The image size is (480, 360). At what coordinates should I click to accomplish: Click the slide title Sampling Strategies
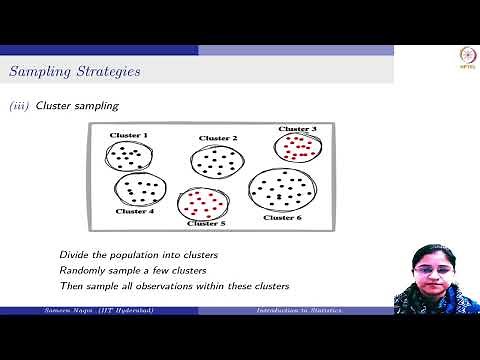coord(74,71)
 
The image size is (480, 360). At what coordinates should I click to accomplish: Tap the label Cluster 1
coord(131,135)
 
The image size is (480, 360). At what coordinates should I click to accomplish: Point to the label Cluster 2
coord(218,138)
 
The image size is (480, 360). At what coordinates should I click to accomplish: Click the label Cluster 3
coord(297,129)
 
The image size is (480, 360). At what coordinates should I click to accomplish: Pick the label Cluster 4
coord(135,211)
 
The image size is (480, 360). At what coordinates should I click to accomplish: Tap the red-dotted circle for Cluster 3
coord(298,148)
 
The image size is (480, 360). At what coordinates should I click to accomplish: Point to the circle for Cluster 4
coord(139,189)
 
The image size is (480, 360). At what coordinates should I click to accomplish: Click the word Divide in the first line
coord(73,254)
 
